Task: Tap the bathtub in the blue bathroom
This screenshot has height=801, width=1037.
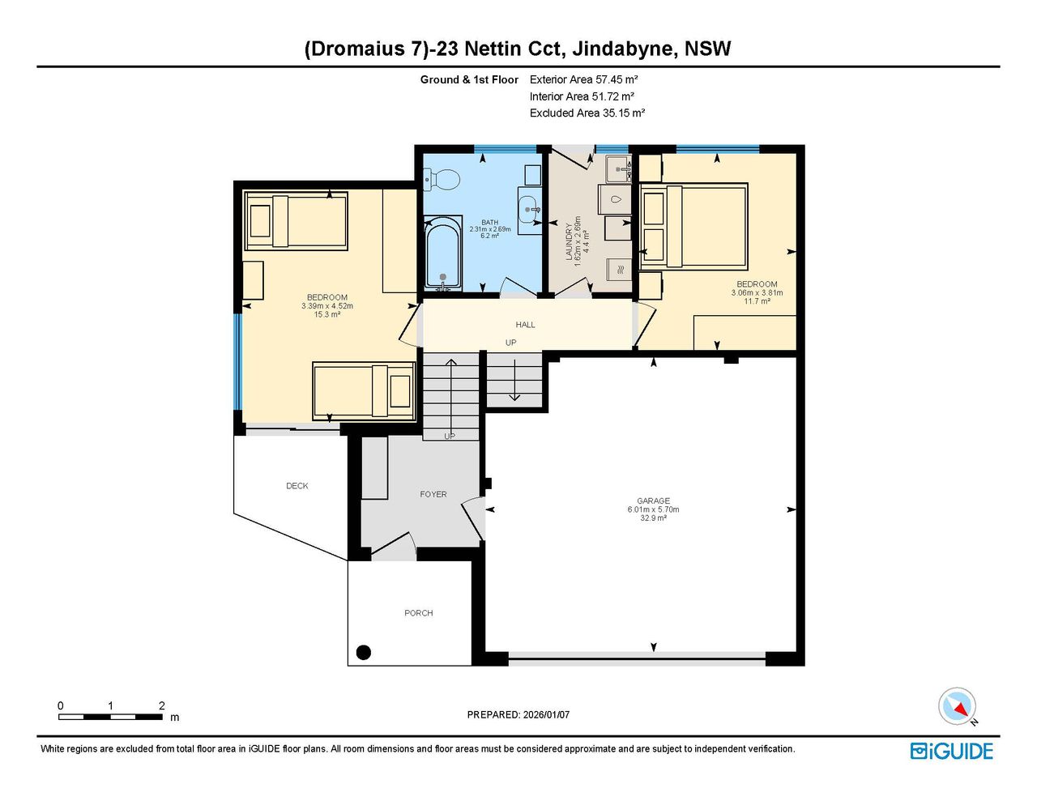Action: point(443,254)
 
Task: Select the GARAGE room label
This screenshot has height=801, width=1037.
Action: point(653,501)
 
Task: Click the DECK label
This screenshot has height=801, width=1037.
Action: point(297,486)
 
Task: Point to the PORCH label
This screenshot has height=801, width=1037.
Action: point(419,612)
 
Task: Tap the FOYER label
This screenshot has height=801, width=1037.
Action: point(433,494)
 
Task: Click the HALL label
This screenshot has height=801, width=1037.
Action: point(525,325)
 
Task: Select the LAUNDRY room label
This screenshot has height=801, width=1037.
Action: point(569,241)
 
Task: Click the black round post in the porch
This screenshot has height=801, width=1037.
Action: point(364,652)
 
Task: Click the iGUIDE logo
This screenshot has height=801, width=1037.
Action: point(952,752)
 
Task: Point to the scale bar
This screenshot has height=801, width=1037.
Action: point(111,717)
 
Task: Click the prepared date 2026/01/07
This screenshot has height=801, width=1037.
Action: point(546,714)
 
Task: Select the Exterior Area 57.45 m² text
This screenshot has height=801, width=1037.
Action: point(583,79)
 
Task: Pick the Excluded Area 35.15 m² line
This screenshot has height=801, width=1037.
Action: point(587,113)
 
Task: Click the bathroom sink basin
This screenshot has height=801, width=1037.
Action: point(529,210)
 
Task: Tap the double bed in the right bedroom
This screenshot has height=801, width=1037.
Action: point(693,225)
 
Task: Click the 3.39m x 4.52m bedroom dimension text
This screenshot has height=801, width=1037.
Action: point(326,306)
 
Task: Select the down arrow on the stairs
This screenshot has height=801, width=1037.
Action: point(514,380)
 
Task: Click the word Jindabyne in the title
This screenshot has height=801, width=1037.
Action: point(625,49)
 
